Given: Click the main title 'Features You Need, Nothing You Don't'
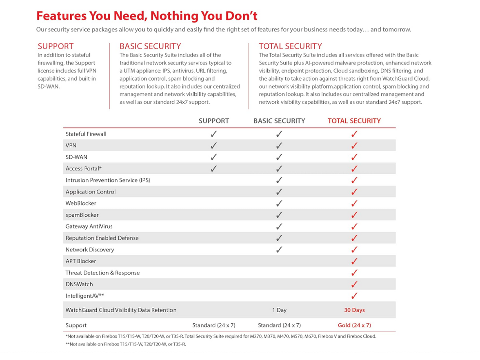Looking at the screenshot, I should [x=147, y=16].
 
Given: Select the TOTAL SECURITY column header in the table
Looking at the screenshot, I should [x=354, y=121].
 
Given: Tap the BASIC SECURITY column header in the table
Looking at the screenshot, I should [x=279, y=121].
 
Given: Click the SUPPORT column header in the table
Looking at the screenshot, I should [x=213, y=121].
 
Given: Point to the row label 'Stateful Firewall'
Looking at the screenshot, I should [x=86, y=134].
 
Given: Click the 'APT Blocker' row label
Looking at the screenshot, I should [x=81, y=261].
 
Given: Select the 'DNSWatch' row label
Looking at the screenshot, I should [x=79, y=284].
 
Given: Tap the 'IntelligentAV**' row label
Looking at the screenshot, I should [x=84, y=296].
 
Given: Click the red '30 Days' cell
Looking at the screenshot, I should [x=354, y=310].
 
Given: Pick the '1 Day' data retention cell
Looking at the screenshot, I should [x=279, y=310].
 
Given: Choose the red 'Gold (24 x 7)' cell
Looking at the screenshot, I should [x=354, y=325].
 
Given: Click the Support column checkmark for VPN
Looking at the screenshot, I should [x=213, y=146].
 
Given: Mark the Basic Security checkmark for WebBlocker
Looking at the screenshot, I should [x=279, y=203].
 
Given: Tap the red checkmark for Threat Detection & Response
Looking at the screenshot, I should [x=354, y=273].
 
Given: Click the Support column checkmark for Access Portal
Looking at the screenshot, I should [x=213, y=169].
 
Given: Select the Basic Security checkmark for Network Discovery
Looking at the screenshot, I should [x=279, y=249].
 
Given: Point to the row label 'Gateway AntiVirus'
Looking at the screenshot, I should [x=89, y=227].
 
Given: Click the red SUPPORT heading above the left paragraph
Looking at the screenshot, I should [x=56, y=46].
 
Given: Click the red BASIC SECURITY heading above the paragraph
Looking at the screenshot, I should [x=150, y=46].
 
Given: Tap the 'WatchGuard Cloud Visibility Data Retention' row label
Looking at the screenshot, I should [x=121, y=310].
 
